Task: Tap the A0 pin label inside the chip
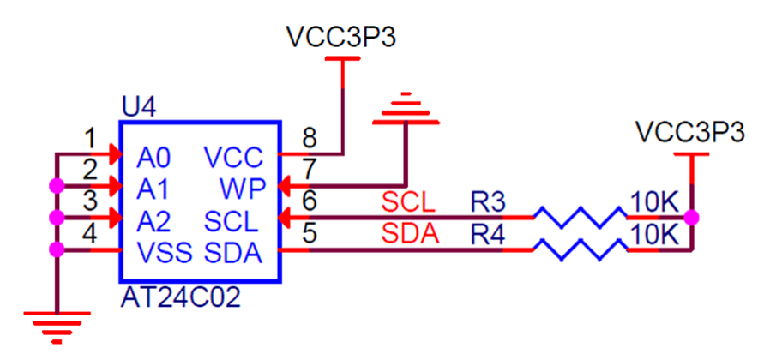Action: (153, 158)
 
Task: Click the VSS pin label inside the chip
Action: (165, 253)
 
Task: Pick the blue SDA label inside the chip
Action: (233, 253)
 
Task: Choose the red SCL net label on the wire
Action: (408, 203)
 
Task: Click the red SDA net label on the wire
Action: (410, 235)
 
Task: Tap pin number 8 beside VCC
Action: (310, 138)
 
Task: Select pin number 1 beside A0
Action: (89, 140)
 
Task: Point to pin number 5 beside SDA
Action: (310, 233)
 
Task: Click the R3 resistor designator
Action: (488, 203)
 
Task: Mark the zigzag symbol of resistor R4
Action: (581, 249)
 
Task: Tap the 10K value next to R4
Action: (654, 236)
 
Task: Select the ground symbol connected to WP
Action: (406, 108)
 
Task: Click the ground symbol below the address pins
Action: (57, 327)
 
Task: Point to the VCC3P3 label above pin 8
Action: (342, 37)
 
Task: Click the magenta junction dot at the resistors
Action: (692, 218)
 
